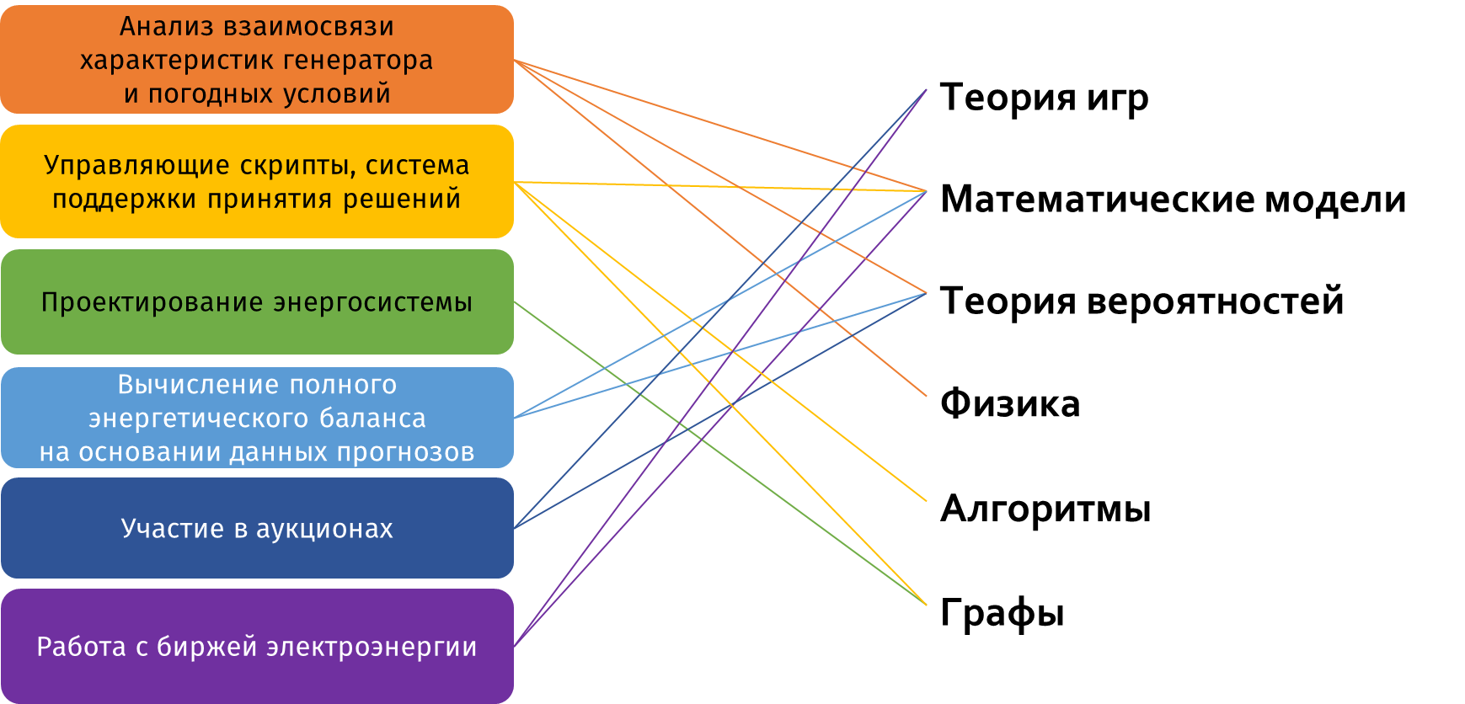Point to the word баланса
click(372, 419)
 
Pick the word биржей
click(207, 647)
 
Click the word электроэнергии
click(372, 647)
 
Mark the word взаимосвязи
click(309, 27)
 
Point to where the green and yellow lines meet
click(925, 604)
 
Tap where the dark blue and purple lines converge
click(926, 90)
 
